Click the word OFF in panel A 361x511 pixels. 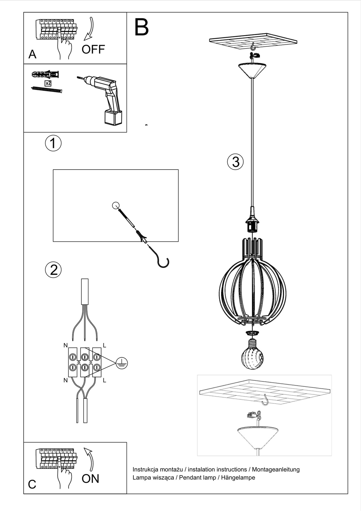93,50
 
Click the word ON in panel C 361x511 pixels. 90,478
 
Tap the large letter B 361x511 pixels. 141,27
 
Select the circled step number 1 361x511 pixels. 53,143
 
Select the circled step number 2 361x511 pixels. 53,270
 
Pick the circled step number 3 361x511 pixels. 235,162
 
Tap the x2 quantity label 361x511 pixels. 48,83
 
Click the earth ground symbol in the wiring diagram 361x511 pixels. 122,363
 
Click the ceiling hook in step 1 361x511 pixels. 163,262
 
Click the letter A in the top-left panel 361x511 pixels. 32,55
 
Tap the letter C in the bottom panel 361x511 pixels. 32,484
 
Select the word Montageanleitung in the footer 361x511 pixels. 276,469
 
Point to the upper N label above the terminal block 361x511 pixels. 65,345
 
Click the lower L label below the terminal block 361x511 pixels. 104,380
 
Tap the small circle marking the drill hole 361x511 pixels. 116,205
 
